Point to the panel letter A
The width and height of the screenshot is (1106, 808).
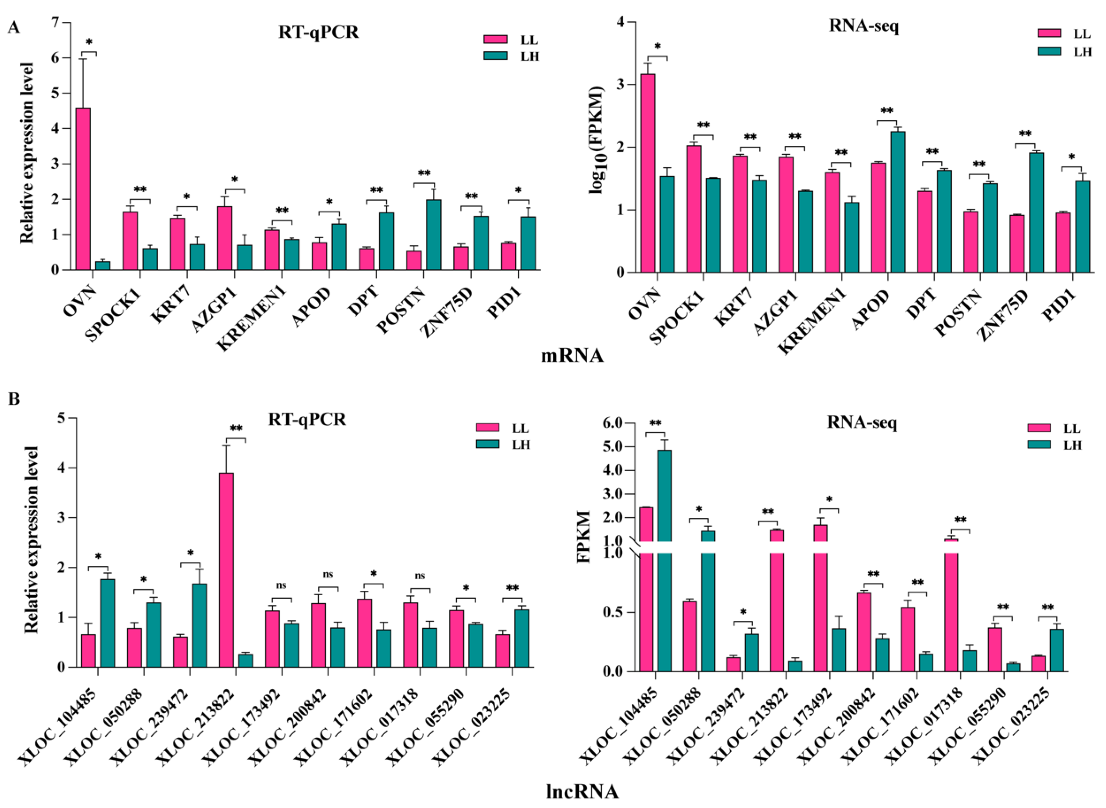click(14, 28)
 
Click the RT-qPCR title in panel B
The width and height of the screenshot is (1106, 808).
click(307, 419)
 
